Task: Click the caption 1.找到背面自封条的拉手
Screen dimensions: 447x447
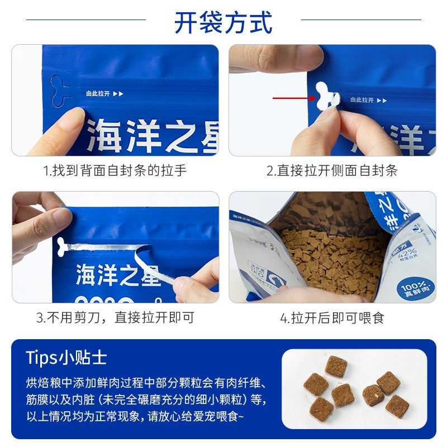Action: coord(115,170)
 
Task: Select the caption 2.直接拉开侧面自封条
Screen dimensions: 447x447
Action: coord(332,170)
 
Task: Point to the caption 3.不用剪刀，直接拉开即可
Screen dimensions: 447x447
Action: coord(115,318)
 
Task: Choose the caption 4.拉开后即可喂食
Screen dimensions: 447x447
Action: coord(332,318)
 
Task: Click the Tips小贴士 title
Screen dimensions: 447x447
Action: coord(66,358)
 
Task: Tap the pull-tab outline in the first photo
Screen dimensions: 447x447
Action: coord(60,91)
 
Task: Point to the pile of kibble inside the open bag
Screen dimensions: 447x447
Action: coord(330,251)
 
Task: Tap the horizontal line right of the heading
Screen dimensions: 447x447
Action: coord(361,20)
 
